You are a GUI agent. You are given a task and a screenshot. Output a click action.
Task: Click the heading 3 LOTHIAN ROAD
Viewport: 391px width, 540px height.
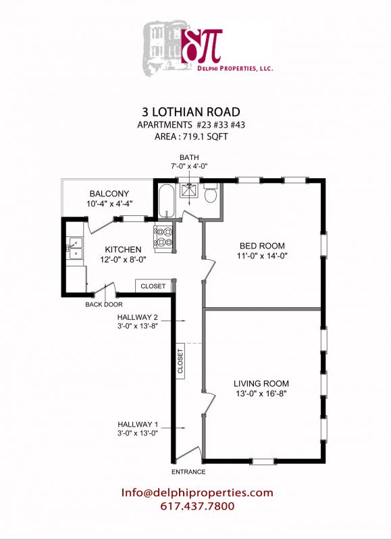pos(195,112)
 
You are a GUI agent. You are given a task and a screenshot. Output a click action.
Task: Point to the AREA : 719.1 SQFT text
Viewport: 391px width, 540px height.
pos(194,136)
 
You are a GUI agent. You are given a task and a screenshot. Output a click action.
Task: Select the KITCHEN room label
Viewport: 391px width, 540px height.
pos(122,249)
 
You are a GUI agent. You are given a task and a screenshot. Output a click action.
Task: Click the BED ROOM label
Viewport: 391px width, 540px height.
pos(262,246)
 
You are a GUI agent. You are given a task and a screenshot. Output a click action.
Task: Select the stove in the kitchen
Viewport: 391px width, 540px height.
pos(163,238)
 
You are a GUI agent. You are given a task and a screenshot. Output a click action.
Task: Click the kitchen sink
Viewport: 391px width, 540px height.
pos(74,250)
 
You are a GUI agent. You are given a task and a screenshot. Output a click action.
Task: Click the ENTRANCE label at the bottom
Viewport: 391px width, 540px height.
pos(189,472)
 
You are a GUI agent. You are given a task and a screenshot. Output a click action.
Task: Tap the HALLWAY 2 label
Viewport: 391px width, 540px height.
pos(138,317)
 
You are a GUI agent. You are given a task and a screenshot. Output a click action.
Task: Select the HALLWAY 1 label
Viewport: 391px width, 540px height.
pos(138,425)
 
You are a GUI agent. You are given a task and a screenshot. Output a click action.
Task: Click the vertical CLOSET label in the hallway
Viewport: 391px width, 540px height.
pos(180,363)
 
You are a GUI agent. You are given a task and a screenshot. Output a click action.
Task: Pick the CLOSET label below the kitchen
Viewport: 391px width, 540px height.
pos(153,286)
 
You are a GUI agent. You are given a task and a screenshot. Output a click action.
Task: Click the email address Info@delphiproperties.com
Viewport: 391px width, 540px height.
pos(197,493)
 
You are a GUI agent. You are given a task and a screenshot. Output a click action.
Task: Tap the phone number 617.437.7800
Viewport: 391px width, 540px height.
pos(197,506)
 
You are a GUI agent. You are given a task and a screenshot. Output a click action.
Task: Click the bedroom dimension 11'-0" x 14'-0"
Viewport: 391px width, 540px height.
pos(262,256)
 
